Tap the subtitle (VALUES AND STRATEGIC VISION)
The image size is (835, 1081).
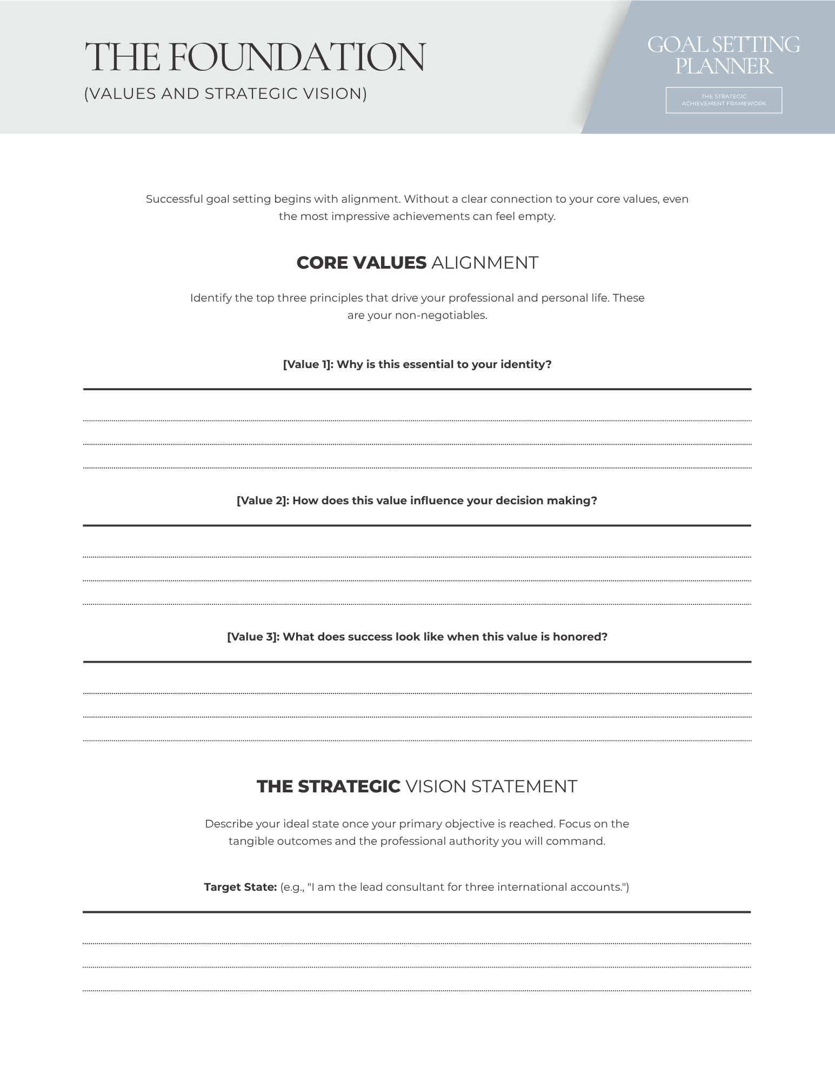(x=225, y=94)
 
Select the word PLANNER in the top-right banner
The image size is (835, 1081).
(x=724, y=66)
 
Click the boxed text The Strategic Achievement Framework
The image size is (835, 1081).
(x=724, y=100)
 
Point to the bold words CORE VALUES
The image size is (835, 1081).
(x=361, y=263)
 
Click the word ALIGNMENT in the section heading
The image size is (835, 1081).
(x=485, y=263)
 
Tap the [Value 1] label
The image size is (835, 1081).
(x=307, y=364)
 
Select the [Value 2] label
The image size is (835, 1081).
(x=263, y=501)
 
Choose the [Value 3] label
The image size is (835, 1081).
(x=253, y=637)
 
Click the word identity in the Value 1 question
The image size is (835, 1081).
(x=525, y=364)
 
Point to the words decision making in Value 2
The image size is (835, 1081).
(x=545, y=501)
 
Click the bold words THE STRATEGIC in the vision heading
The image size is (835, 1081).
(x=328, y=786)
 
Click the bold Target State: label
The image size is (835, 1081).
(x=240, y=887)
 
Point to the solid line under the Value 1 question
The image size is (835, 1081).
(x=417, y=389)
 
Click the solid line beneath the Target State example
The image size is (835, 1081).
(x=417, y=912)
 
